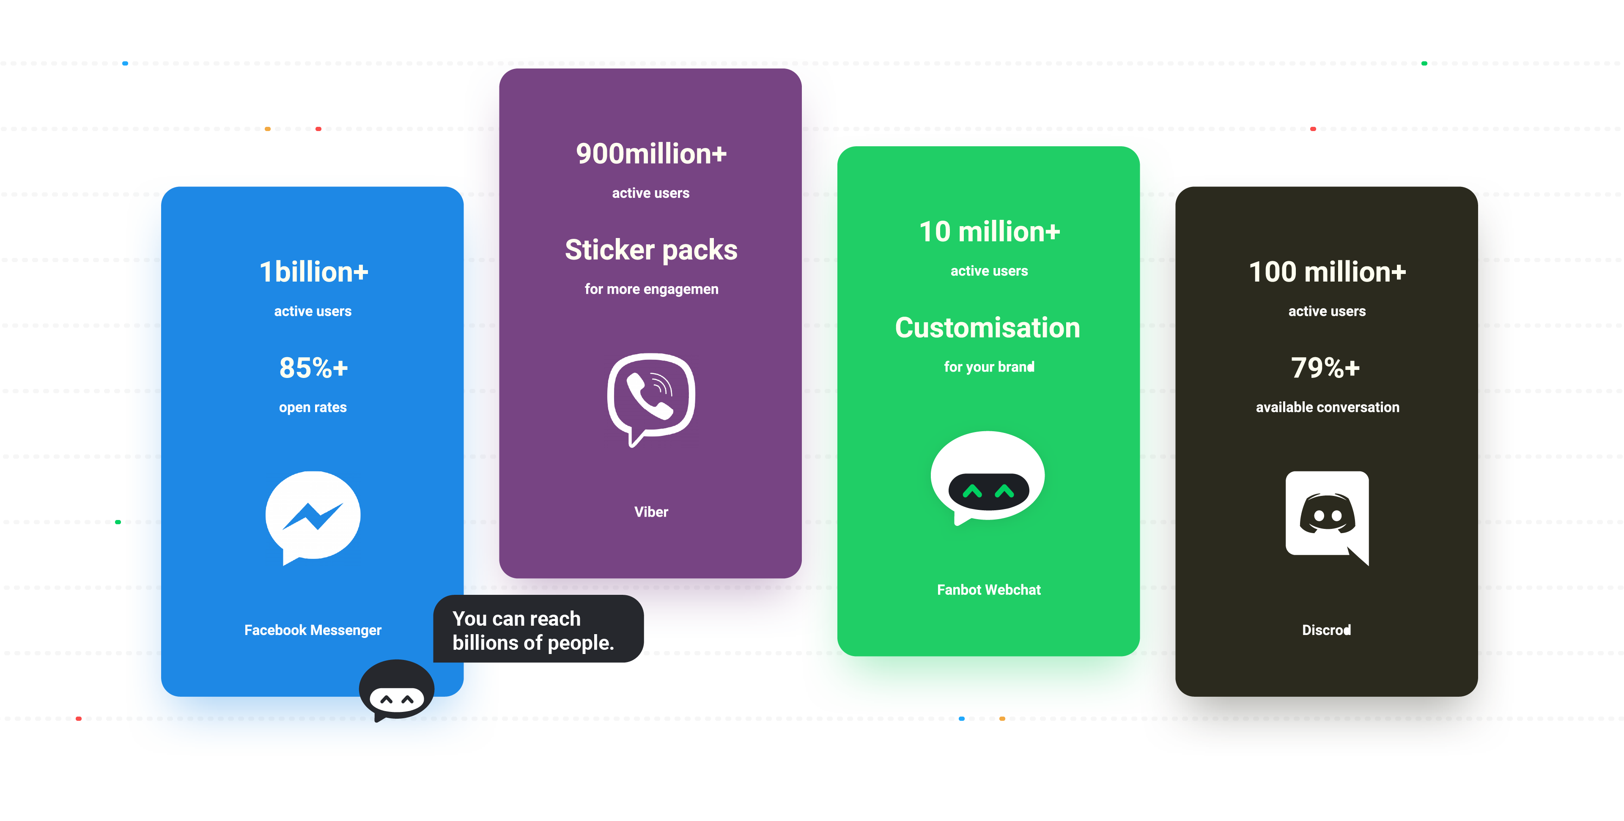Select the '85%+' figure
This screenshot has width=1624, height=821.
click(313, 367)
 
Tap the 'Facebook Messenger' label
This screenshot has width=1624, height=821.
click(313, 630)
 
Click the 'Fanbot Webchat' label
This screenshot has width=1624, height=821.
click(988, 590)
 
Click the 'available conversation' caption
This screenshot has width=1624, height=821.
click(1327, 407)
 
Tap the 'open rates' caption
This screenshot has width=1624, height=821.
click(313, 408)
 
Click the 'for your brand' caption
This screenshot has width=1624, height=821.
click(988, 367)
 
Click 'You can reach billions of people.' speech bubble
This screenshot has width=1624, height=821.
click(538, 629)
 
